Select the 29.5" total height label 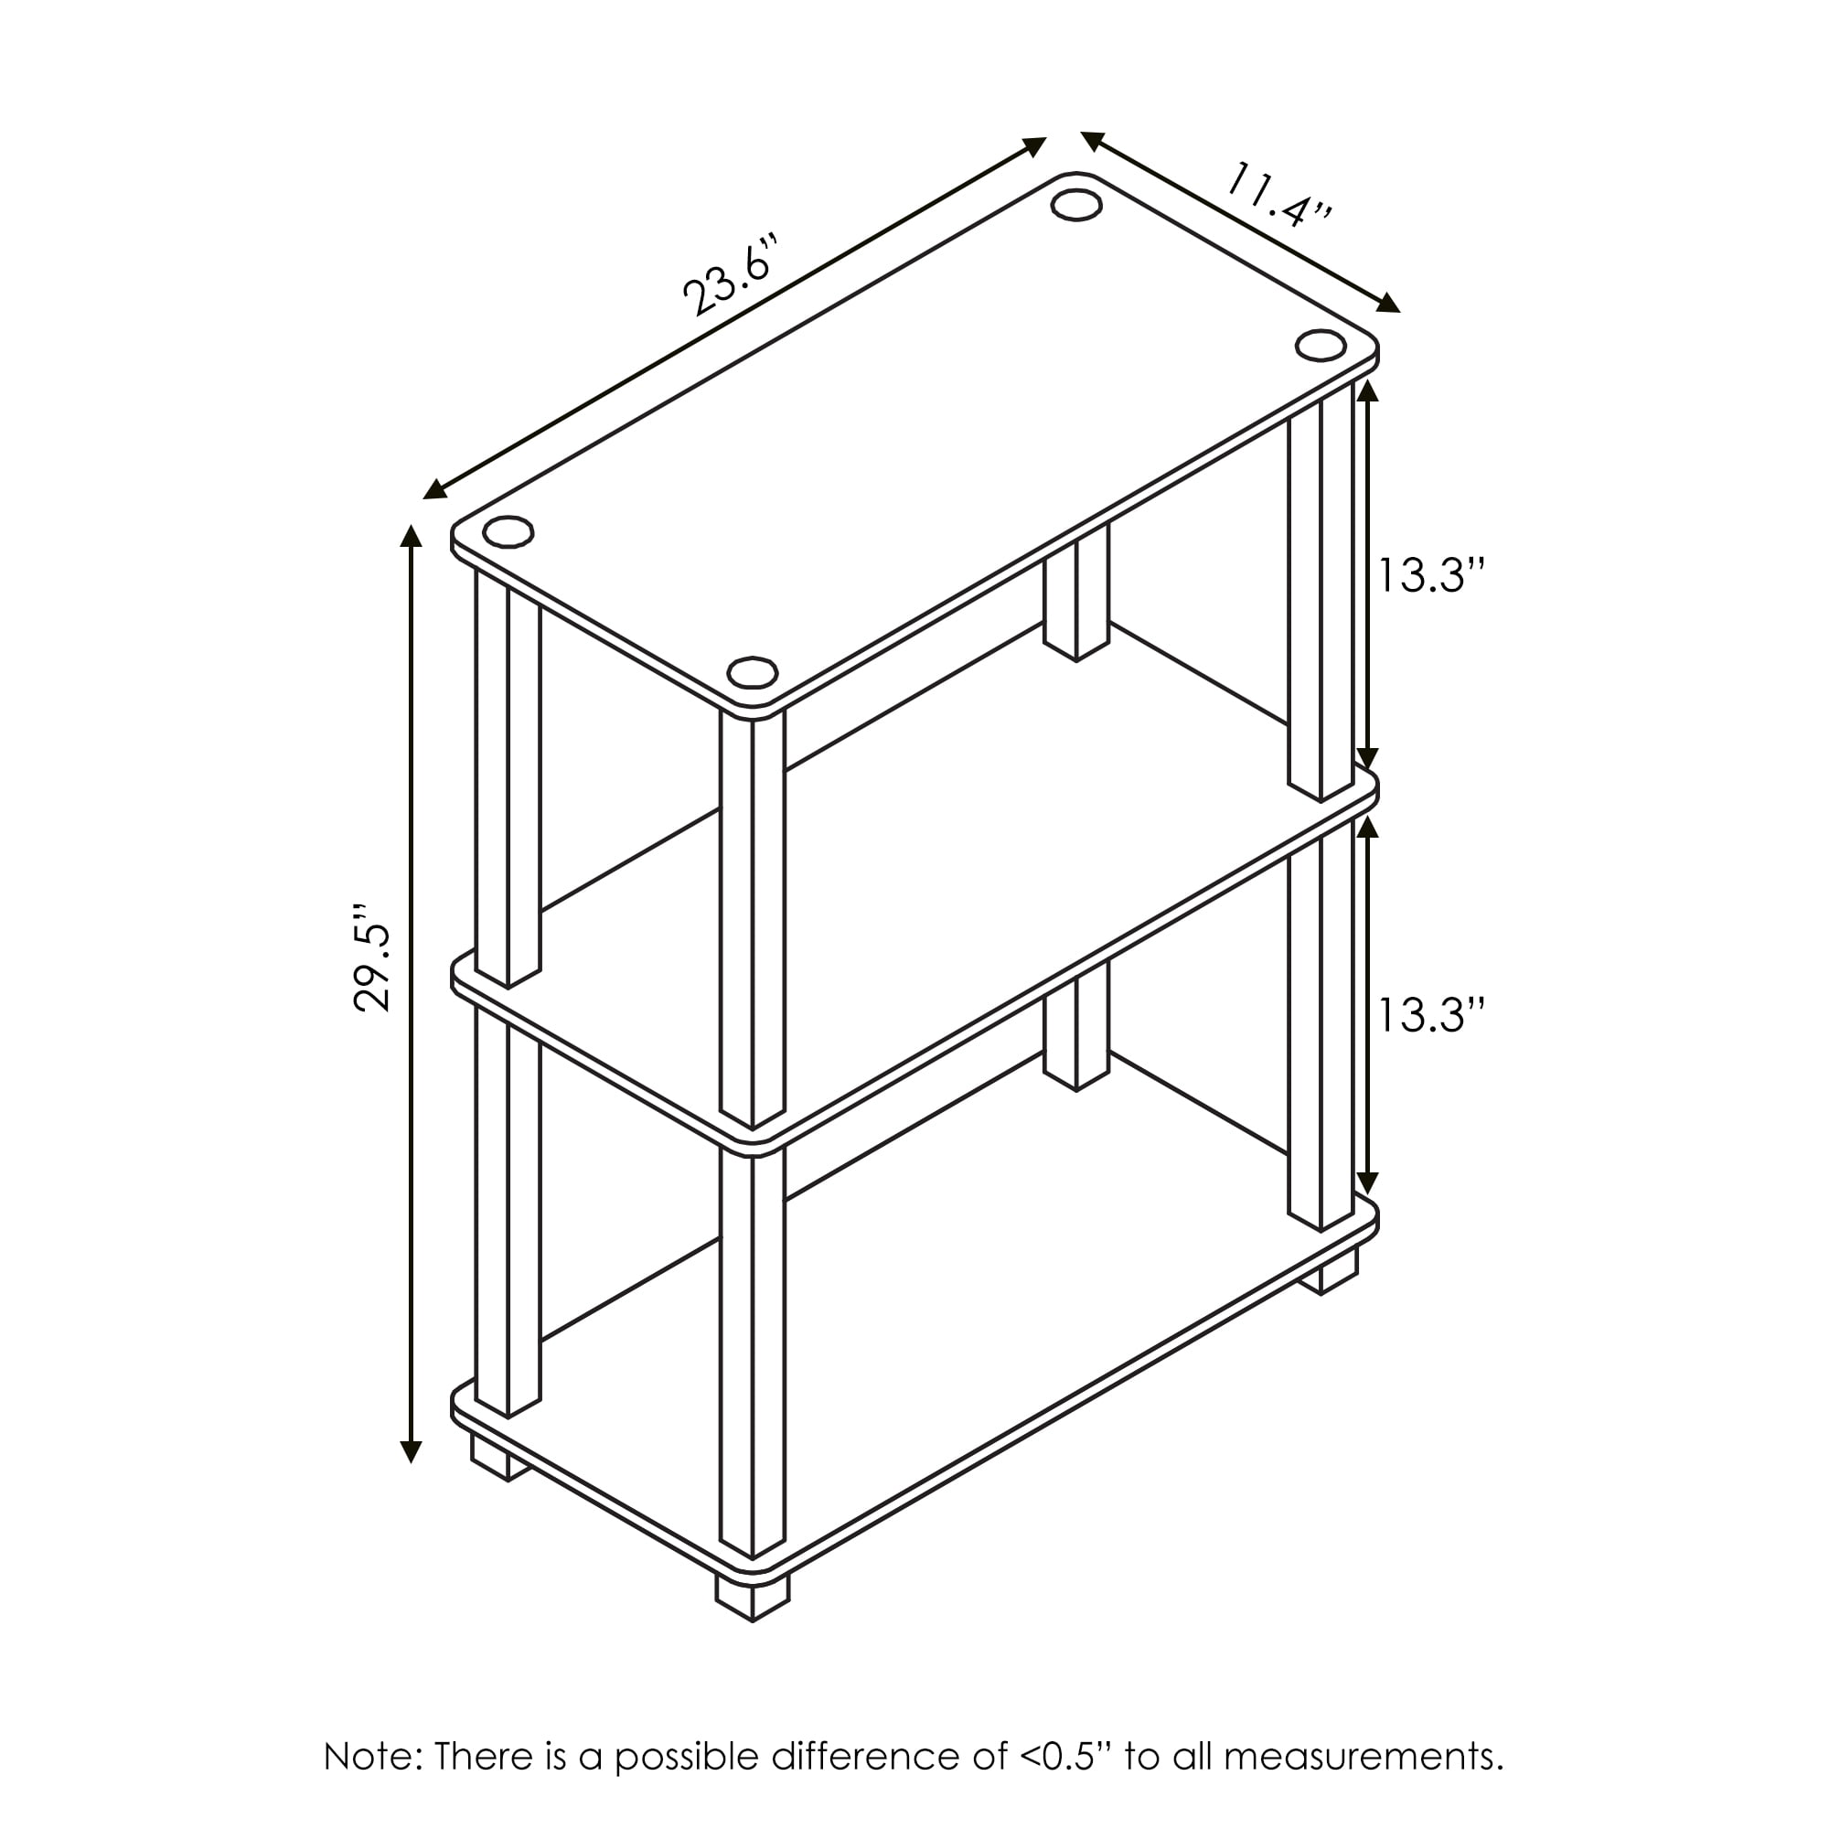coord(373,958)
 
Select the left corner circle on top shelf coord(508,532)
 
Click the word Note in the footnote coord(366,1757)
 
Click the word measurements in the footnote coord(1363,1757)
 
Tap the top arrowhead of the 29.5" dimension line coord(411,538)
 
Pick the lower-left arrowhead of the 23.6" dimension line coord(435,488)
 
